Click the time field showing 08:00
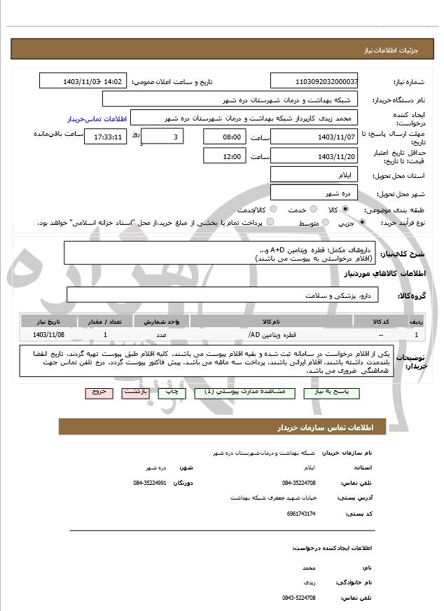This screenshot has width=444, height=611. pos(224,137)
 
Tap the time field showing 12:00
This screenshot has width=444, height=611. pos(224,156)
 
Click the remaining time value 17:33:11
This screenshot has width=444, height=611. pos(105,137)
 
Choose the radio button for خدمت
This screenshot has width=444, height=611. pos(312,210)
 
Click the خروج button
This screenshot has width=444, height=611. pos(98,393)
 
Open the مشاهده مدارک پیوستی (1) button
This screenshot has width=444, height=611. pos(239,393)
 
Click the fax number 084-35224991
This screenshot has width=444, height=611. pos(149,483)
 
